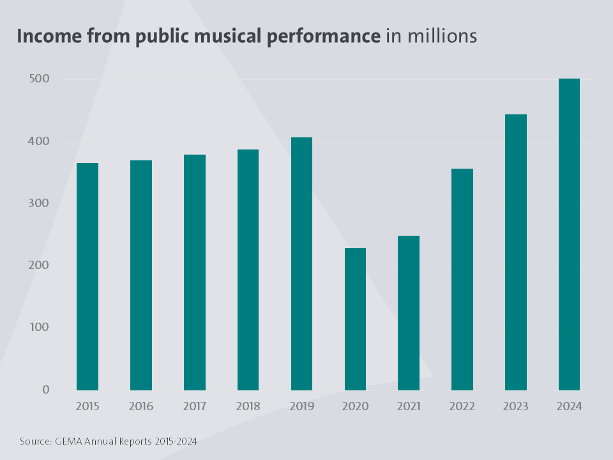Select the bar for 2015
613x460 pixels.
pos(87,276)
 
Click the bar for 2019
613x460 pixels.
pos(301,263)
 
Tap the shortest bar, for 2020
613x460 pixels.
pos(355,319)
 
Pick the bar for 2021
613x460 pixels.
pos(409,312)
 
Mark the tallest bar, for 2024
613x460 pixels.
pos(569,234)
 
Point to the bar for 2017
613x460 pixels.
pos(195,272)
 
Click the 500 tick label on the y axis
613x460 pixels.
pos(38,79)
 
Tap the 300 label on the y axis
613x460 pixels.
pos(38,203)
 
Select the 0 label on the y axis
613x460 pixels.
pos(45,389)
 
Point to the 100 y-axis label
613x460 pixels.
pos(38,327)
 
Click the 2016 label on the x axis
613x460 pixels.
pos(141,406)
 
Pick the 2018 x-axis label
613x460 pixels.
pos(248,406)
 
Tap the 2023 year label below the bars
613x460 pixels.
pos(516,406)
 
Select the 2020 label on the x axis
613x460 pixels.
pos(355,406)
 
